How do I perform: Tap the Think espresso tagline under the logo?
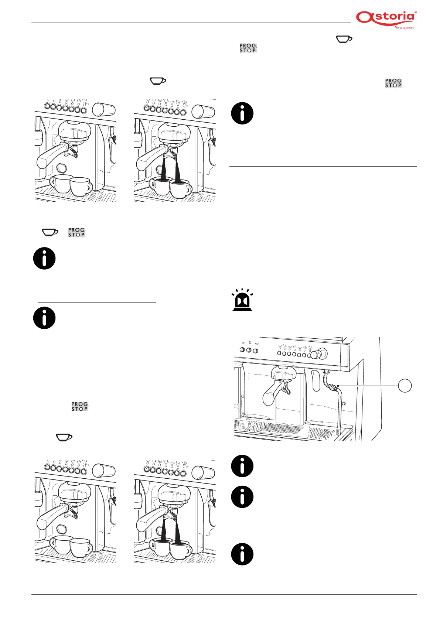tap(404, 28)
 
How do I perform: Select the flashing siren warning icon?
tap(242, 300)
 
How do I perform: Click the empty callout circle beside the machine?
tap(405, 386)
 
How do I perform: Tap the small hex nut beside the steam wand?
tap(344, 404)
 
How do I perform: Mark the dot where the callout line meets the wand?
tap(338, 386)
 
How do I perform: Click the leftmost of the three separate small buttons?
tap(243, 350)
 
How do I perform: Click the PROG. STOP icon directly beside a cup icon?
tap(76, 232)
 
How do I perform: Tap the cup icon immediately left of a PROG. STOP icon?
tap(50, 232)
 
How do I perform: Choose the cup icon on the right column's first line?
tap(344, 39)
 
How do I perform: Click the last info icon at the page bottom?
tap(242, 554)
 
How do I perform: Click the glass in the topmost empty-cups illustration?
tap(104, 109)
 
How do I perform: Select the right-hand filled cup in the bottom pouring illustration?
tap(180, 551)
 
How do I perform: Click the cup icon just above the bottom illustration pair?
tap(64, 437)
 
